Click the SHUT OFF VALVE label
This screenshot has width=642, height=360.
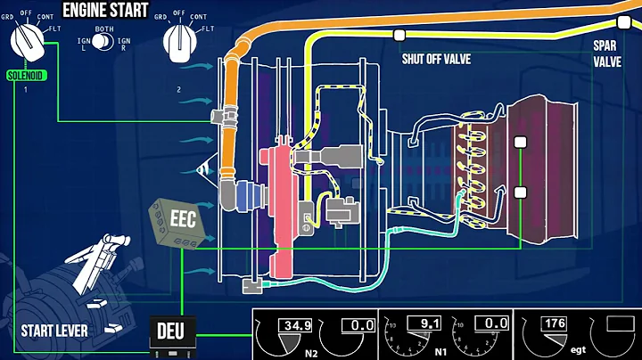(x=435, y=59)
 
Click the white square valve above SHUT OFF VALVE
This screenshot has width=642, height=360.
(x=399, y=36)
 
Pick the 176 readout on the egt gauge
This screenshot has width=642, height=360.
(x=555, y=323)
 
